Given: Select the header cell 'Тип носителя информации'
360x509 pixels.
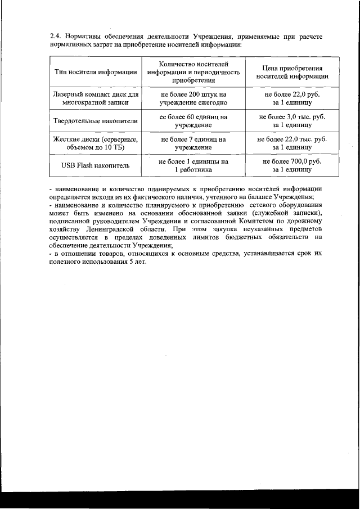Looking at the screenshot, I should (x=96, y=72).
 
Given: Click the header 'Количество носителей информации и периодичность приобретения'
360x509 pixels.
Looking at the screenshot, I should (x=193, y=72).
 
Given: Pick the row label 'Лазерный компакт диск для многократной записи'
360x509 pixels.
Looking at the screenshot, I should (x=96, y=99).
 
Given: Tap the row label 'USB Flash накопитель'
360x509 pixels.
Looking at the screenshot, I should (x=96, y=165).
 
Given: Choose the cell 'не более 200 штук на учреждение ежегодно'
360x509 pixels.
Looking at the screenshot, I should (x=193, y=99).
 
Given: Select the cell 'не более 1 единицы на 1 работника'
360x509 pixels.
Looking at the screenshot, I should (x=193, y=165).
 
